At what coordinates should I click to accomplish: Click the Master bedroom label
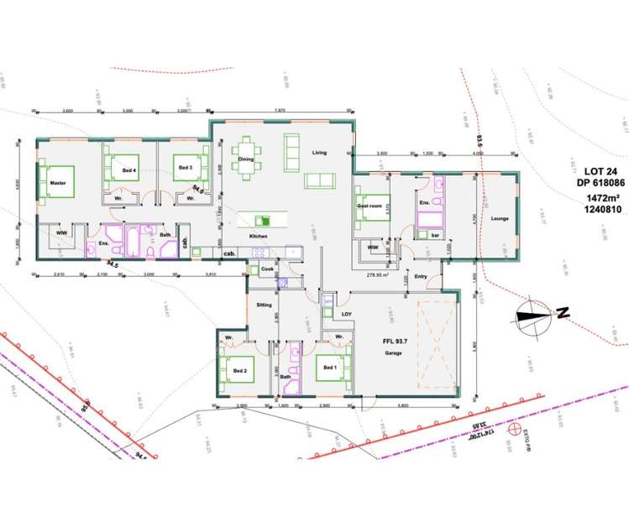point(57,182)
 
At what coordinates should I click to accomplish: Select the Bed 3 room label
point(186,168)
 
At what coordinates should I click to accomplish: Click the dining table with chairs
point(245,158)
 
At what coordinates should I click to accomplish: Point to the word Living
point(319,153)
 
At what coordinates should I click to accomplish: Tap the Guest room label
point(370,205)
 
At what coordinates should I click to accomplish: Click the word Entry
point(422,276)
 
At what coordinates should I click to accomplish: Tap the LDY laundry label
point(346,314)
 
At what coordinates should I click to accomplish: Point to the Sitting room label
point(264,305)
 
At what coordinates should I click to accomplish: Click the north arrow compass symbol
point(537,316)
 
